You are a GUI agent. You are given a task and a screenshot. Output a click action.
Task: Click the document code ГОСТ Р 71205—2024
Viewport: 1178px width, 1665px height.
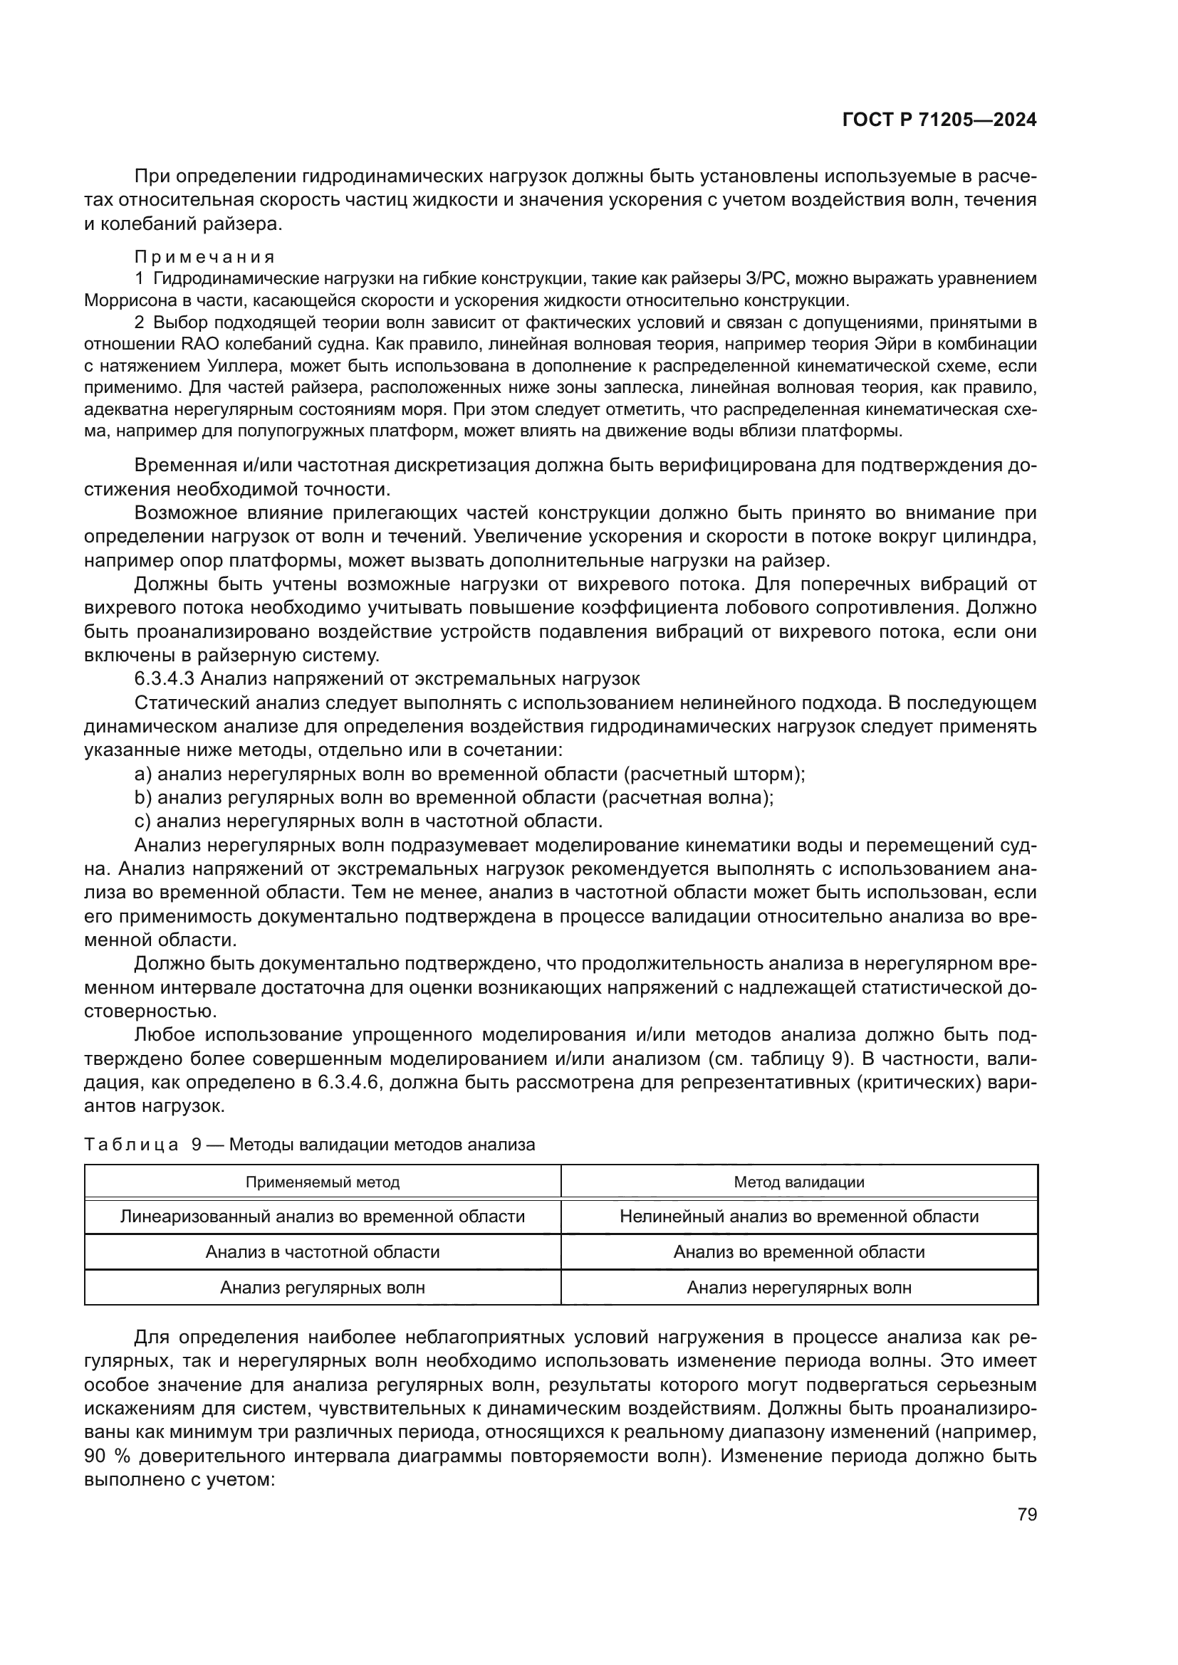(939, 120)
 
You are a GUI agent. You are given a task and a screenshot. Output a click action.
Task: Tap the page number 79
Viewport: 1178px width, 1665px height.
(1026, 1514)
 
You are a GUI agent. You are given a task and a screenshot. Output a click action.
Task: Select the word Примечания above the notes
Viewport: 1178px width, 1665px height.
(204, 258)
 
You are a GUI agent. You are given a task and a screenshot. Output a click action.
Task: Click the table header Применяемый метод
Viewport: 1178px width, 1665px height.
(322, 1182)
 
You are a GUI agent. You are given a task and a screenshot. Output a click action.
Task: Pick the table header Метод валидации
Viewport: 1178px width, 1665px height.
(798, 1182)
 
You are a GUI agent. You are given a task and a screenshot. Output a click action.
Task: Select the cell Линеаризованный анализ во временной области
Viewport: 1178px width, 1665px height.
(322, 1216)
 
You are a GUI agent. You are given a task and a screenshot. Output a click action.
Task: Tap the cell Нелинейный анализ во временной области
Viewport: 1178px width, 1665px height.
(798, 1216)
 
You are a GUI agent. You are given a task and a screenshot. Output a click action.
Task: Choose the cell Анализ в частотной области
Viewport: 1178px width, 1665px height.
(322, 1251)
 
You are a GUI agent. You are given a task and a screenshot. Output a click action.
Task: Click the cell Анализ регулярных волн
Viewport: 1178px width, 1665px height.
(322, 1287)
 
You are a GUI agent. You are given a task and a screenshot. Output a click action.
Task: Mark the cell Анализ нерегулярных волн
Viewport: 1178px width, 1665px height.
(798, 1287)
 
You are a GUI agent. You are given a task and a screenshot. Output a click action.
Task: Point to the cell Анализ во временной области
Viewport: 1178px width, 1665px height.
(798, 1251)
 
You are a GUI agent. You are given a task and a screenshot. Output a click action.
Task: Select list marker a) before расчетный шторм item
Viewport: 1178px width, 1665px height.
(143, 774)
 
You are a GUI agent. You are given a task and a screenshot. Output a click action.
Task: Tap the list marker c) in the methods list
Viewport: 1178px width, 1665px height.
(142, 821)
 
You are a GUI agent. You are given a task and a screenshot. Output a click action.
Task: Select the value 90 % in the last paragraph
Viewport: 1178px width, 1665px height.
(106, 1456)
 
